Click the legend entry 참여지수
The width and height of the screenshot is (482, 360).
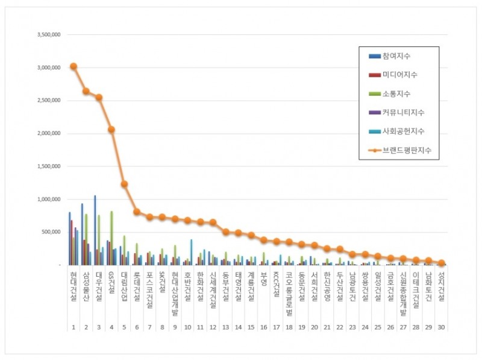click(x=395, y=56)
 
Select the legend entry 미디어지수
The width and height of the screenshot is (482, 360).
click(x=399, y=75)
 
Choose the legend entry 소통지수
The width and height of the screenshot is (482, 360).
click(x=395, y=93)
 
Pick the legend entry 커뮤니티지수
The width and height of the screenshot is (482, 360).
click(x=402, y=112)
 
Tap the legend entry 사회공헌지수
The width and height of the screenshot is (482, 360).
click(x=402, y=130)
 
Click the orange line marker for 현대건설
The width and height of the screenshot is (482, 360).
click(x=73, y=66)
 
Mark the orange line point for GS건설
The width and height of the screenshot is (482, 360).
click(x=111, y=130)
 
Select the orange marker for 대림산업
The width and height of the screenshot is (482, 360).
click(x=124, y=184)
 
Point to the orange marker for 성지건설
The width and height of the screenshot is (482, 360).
click(x=441, y=263)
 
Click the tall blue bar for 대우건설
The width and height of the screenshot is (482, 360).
click(x=95, y=230)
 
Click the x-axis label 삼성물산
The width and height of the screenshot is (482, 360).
click(x=86, y=283)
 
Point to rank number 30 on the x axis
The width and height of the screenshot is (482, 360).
click(x=441, y=327)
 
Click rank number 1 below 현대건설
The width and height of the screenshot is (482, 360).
click(x=73, y=327)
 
